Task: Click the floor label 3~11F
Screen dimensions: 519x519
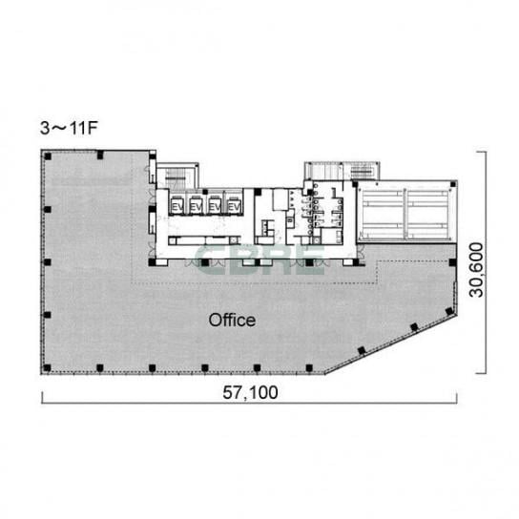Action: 69,128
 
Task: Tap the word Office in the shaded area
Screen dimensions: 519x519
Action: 232,320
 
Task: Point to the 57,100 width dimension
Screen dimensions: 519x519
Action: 250,392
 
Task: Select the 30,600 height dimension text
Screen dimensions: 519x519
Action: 477,270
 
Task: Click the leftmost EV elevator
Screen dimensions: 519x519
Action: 176,206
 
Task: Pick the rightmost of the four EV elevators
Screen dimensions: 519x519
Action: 234,206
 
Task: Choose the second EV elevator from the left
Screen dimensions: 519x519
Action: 196,206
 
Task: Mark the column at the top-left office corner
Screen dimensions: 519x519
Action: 48,156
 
